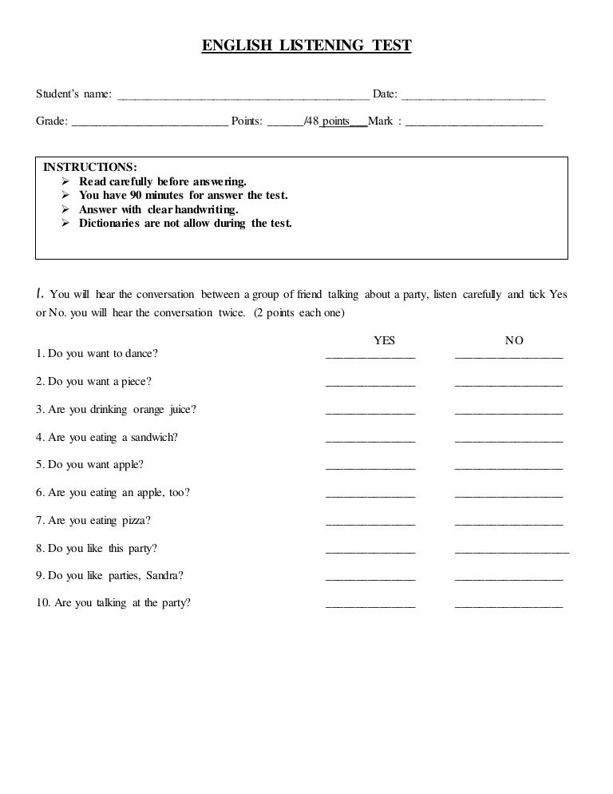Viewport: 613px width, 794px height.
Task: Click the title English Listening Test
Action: tap(306, 46)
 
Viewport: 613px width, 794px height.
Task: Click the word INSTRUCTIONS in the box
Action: tap(89, 167)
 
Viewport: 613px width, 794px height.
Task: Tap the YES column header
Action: tap(385, 340)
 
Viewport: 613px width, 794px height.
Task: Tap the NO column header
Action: tap(514, 340)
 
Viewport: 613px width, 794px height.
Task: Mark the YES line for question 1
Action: tap(370, 357)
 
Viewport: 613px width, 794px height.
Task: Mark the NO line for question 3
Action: tap(508, 413)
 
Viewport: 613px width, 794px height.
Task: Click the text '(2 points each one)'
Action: tap(299, 313)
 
